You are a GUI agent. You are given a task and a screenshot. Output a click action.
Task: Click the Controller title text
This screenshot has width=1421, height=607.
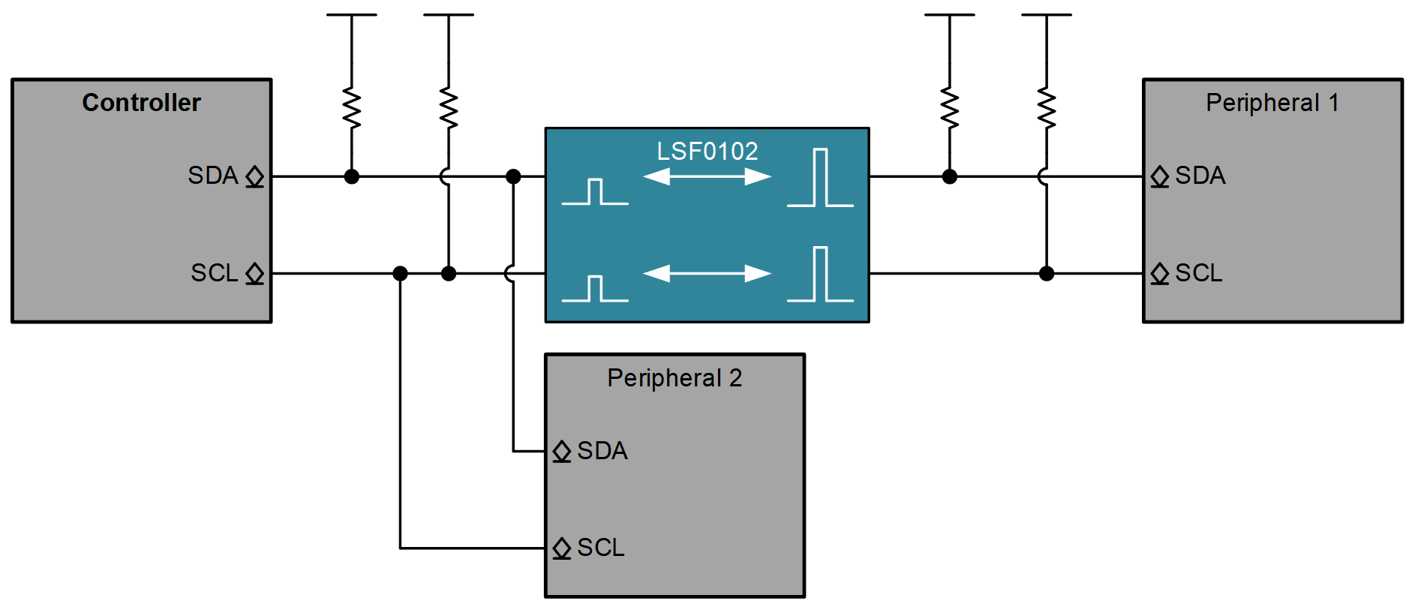tap(141, 103)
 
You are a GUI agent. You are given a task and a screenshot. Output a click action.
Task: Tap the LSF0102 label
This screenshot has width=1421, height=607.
tap(707, 152)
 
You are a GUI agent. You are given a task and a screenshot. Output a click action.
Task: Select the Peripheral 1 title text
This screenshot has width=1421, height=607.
tap(1272, 103)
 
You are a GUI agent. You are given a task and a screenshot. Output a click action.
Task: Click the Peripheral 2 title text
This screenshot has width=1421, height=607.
tap(674, 378)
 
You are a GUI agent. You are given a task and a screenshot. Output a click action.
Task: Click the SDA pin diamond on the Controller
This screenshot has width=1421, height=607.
tap(255, 176)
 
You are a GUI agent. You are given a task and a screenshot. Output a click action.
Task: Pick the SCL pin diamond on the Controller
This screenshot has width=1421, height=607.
tap(255, 273)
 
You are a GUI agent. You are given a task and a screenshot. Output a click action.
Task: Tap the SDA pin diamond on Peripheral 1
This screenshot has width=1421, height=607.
tap(1160, 176)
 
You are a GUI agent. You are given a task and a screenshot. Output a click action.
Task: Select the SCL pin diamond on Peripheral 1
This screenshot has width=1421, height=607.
tap(1160, 273)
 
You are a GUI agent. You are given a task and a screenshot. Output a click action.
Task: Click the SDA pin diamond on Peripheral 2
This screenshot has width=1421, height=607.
tap(562, 451)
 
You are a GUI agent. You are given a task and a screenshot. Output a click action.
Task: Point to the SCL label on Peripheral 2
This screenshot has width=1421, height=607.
tap(601, 548)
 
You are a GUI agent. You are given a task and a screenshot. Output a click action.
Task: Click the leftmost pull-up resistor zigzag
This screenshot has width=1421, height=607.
tap(351, 109)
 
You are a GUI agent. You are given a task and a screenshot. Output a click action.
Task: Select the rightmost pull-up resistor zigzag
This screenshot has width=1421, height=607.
tap(1047, 109)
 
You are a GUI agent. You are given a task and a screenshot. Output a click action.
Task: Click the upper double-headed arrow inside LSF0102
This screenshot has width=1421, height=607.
tap(707, 177)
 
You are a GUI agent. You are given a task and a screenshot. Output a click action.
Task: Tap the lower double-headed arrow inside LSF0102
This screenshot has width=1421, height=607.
tap(707, 274)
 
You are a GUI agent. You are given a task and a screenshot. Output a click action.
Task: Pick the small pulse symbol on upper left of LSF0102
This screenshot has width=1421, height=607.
tap(595, 192)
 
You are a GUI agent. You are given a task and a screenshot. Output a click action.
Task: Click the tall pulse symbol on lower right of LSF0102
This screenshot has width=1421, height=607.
tap(820, 275)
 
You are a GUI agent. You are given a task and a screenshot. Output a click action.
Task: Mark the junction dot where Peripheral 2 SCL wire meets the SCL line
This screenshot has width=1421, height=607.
tap(400, 273)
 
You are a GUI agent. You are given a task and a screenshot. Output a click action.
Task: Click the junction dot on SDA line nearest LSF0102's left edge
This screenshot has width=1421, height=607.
tap(513, 176)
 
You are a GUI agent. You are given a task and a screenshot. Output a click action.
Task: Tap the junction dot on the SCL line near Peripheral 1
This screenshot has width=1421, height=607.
tap(1047, 273)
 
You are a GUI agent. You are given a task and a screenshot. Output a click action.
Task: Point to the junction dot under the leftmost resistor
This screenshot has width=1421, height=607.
tap(351, 176)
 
